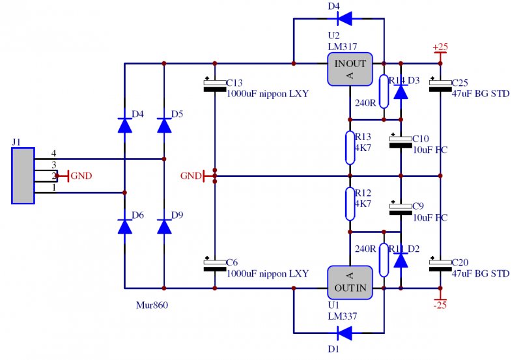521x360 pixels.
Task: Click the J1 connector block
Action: point(23,176)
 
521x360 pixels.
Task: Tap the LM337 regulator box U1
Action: point(349,282)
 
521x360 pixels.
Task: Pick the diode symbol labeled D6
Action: point(124,227)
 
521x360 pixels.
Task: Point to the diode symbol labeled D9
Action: point(164,227)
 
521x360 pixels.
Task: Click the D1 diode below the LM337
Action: point(345,333)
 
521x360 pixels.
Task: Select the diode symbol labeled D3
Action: point(402,91)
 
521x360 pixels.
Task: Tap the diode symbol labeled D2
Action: point(402,259)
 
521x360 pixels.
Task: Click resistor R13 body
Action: point(350,147)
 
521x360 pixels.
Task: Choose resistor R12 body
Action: point(350,204)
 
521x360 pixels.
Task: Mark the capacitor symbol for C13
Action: point(214,86)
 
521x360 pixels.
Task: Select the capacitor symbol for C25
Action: point(441,85)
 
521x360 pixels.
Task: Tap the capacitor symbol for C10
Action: point(401,141)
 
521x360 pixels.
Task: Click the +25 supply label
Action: point(442,48)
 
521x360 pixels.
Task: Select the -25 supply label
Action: point(441,303)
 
